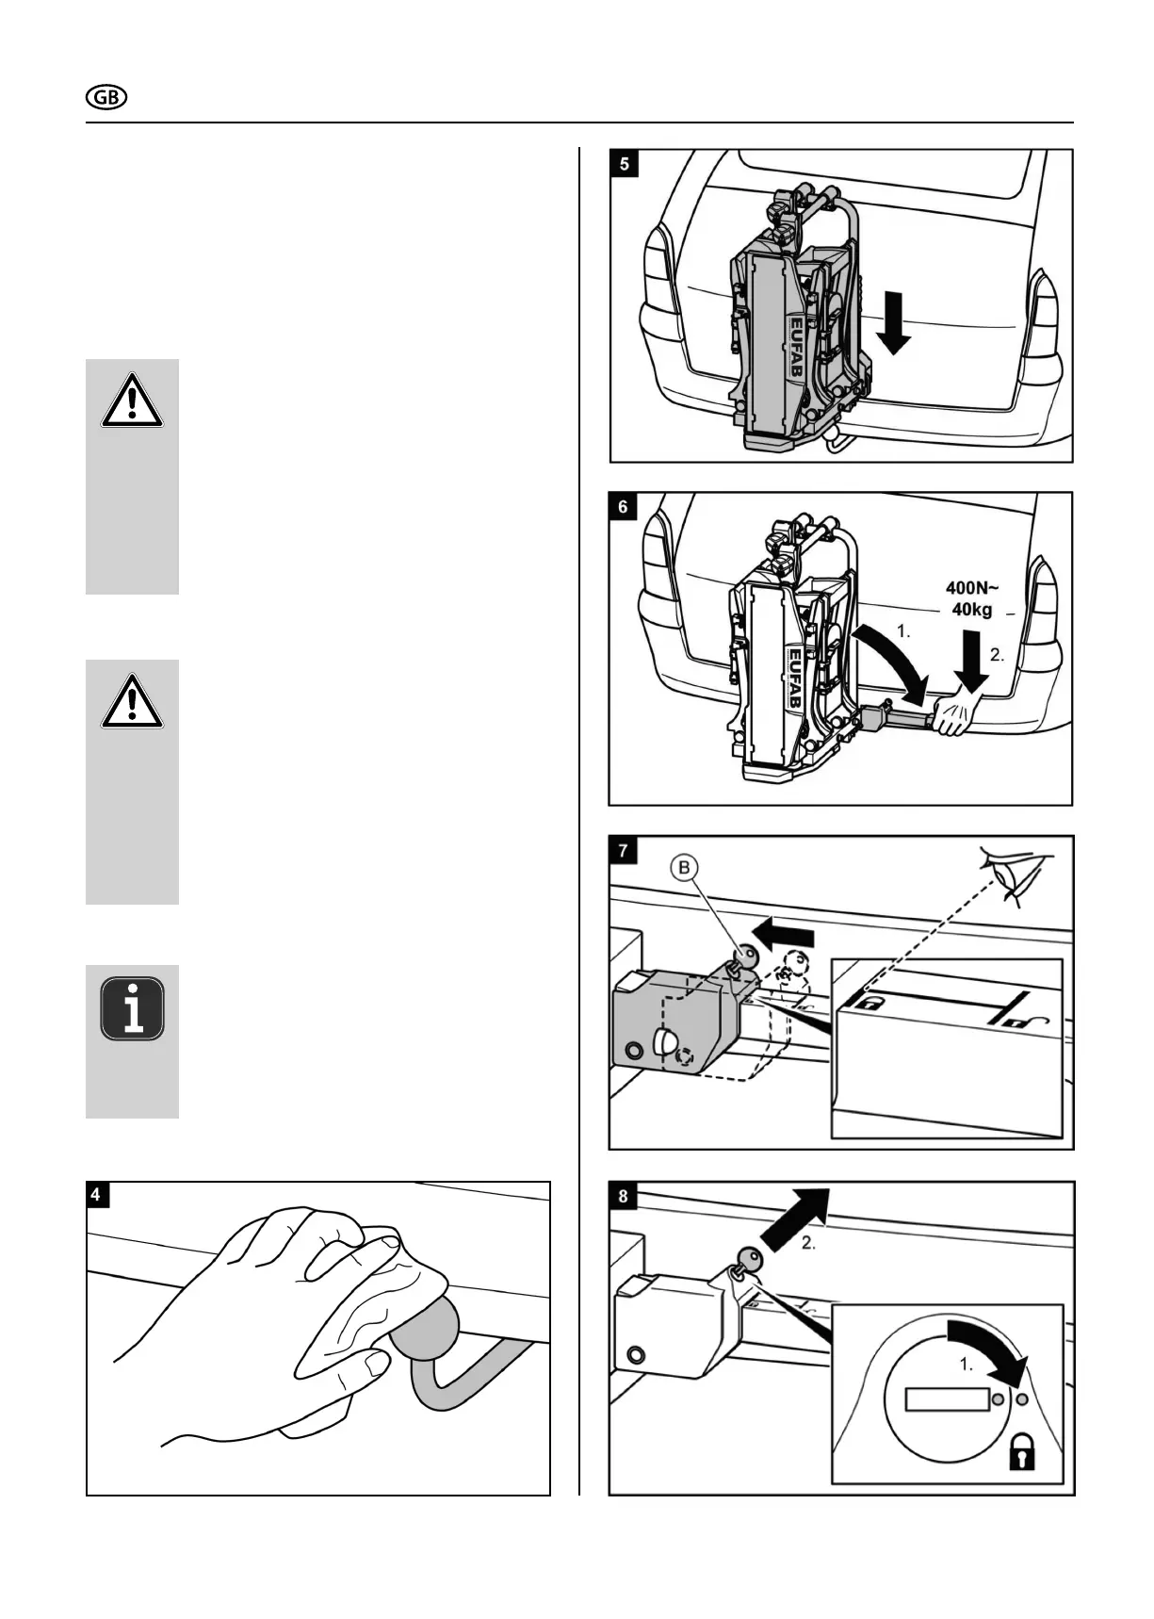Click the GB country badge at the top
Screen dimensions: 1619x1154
(106, 97)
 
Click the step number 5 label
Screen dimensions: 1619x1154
(625, 164)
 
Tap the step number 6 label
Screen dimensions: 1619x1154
(623, 507)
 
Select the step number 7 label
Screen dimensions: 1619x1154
(623, 851)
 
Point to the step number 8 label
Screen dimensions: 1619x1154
(623, 1197)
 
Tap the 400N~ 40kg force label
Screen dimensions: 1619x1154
(973, 598)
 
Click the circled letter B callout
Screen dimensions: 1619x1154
(684, 868)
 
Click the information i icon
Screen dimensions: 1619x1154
(133, 1008)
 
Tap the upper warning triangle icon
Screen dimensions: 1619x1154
(133, 402)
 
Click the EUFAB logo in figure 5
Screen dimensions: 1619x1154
(794, 345)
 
